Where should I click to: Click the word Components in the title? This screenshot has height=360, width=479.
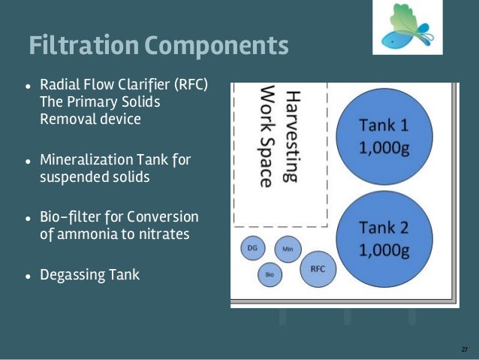pyautogui.click(x=218, y=45)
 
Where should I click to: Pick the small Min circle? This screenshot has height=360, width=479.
pyautogui.click(x=287, y=248)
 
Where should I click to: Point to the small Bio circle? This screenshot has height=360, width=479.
pyautogui.click(x=270, y=275)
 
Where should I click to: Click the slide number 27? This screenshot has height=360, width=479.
pyautogui.click(x=464, y=349)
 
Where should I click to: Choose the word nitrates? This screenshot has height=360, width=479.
pyautogui.click(x=164, y=234)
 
